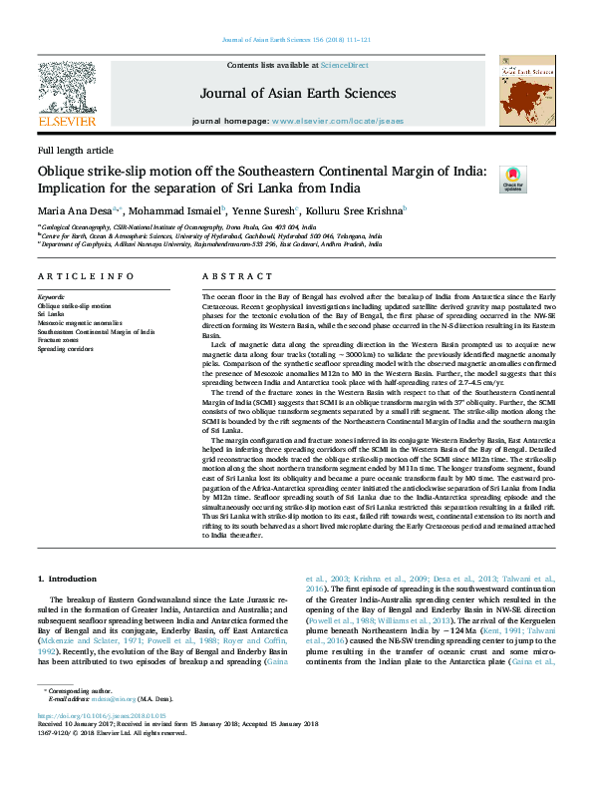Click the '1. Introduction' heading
(x=70, y=579)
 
